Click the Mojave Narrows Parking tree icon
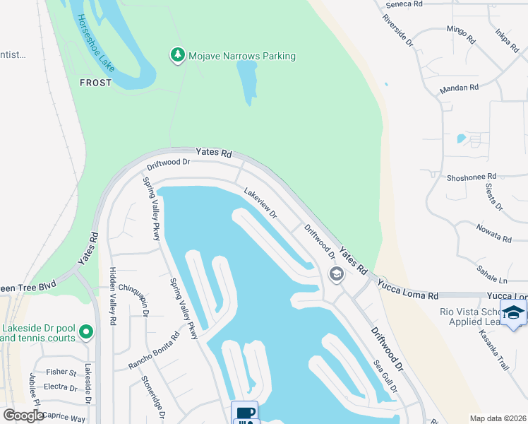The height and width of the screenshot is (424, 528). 177,55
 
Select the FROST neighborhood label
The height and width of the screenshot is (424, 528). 95,83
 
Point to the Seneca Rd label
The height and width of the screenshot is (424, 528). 404,4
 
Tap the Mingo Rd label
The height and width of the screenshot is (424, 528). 462,30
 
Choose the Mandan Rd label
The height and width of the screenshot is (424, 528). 459,88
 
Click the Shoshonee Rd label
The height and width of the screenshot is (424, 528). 472,177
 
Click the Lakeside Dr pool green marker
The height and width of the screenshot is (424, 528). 86,331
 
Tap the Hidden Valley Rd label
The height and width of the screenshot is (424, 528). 112,295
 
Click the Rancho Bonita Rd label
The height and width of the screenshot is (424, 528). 154,351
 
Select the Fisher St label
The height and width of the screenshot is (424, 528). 61,372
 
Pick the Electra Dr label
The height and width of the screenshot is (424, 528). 60,387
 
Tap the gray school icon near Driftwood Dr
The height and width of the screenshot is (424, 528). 336,274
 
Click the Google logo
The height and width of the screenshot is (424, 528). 23,416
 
